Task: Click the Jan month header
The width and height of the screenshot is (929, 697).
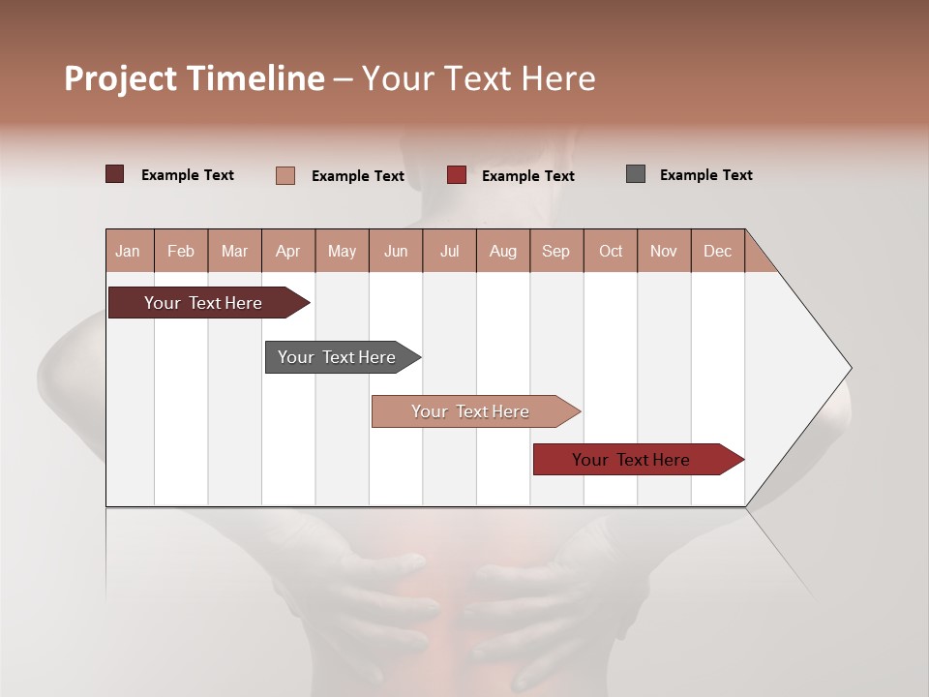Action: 128,251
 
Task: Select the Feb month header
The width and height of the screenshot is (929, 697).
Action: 181,251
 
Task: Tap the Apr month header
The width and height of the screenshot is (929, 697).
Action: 287,251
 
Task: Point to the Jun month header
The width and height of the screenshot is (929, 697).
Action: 396,251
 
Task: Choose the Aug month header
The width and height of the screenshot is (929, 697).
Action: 502,251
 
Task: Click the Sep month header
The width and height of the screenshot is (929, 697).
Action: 555,251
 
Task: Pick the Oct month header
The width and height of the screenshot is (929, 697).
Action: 611,251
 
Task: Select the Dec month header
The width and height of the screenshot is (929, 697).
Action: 717,251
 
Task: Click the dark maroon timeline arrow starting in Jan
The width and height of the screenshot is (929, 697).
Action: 203,303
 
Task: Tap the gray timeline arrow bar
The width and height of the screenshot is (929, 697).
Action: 337,357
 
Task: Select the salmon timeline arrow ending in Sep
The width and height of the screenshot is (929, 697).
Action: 470,411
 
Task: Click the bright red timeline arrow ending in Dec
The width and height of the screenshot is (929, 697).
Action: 631,460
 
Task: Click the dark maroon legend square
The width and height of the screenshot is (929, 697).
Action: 114,174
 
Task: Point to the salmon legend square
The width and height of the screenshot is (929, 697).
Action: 285,175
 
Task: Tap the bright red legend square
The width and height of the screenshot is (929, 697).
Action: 457,174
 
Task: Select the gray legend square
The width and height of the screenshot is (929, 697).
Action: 636,174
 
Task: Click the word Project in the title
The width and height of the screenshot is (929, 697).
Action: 120,78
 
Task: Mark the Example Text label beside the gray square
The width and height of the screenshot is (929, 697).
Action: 705,175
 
